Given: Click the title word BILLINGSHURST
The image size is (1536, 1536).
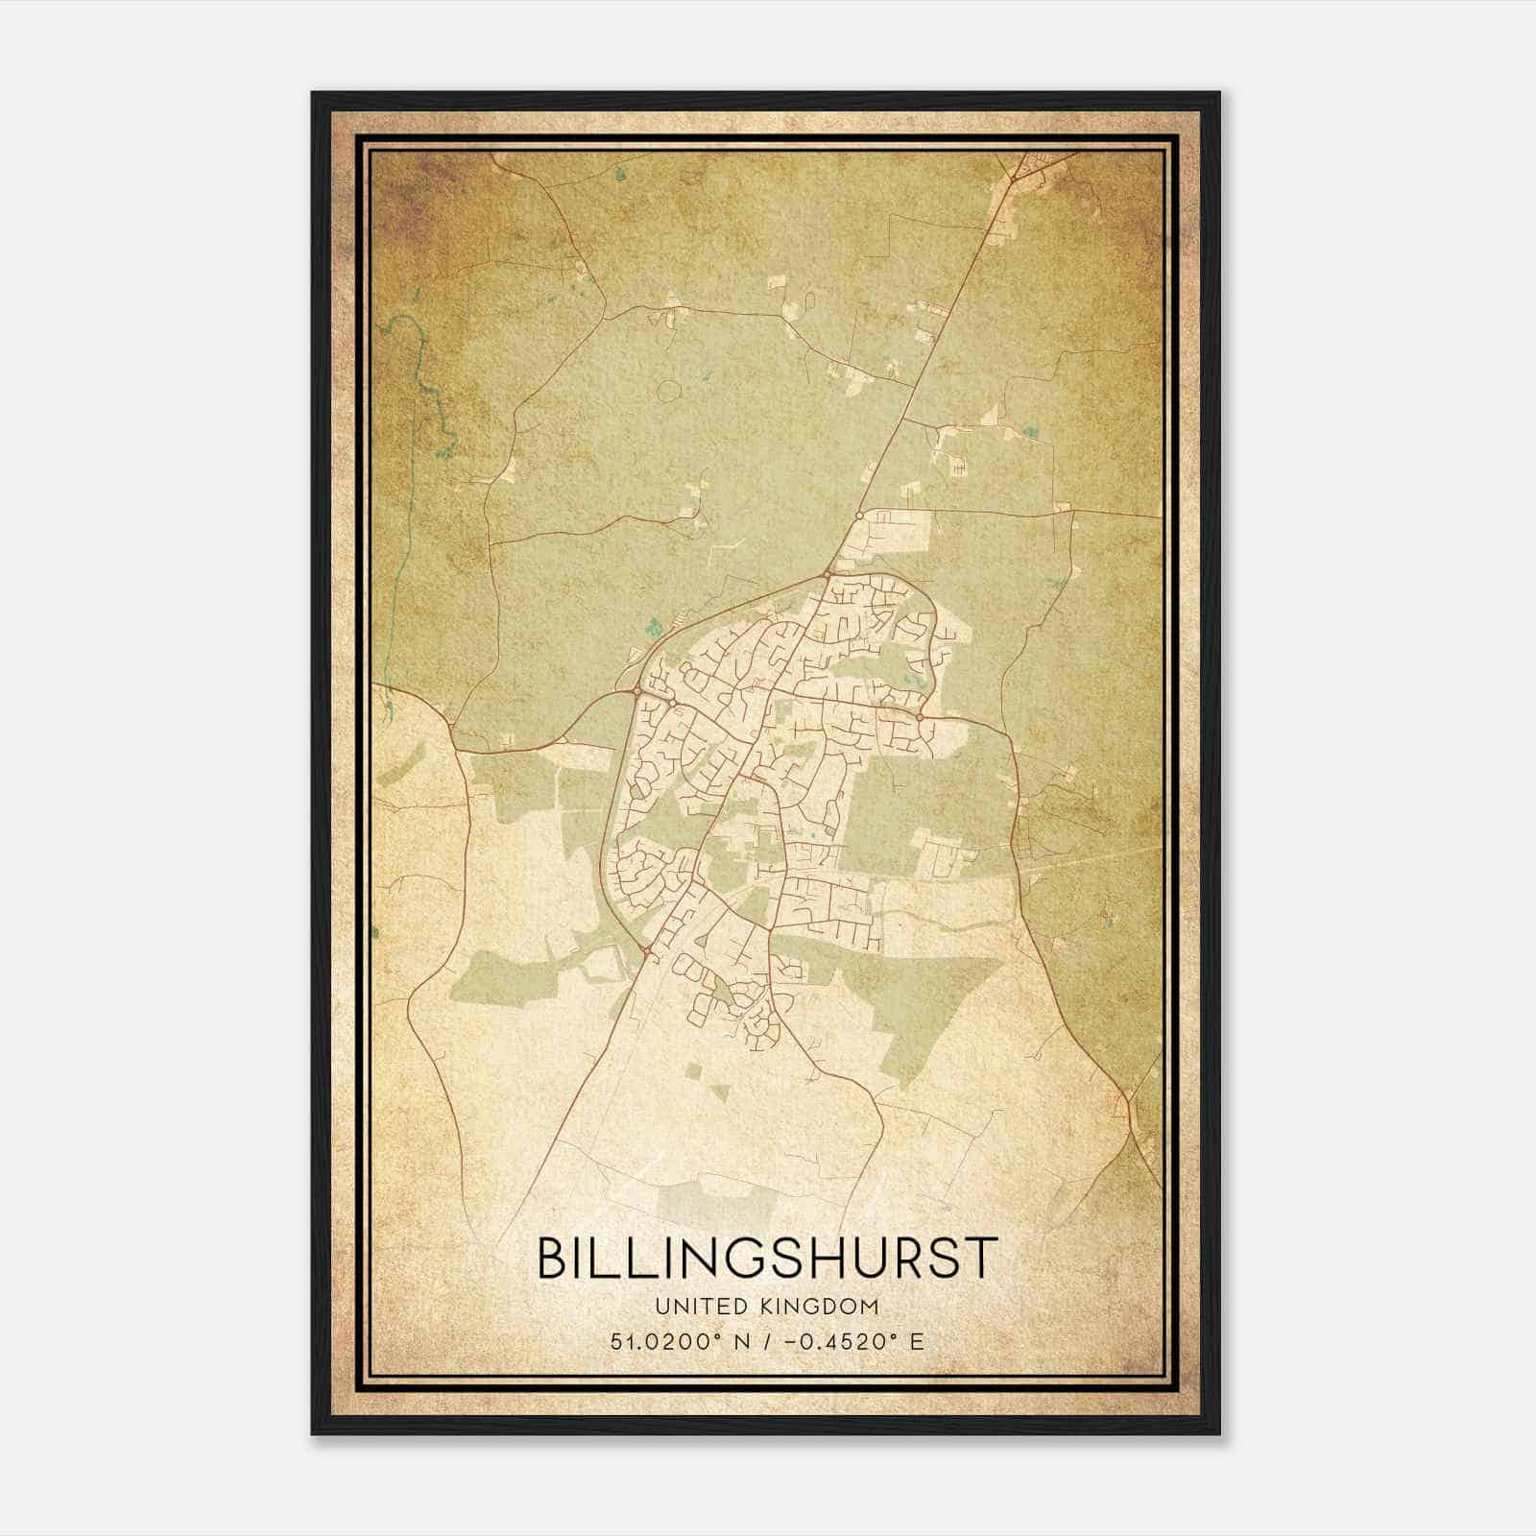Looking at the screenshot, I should tap(767, 1258).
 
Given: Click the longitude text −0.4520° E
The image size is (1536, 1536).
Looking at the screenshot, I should tap(854, 1342).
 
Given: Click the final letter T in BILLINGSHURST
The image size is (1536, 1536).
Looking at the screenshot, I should tap(982, 1258).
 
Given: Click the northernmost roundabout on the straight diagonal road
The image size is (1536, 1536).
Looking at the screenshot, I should tap(858, 516).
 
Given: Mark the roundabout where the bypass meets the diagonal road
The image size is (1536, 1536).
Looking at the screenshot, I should tap(827, 574).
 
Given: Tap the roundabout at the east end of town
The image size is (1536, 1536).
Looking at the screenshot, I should tap(919, 716).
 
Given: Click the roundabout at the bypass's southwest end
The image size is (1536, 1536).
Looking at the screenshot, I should tap(649, 951).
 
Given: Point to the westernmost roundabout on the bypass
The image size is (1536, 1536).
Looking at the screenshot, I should tap(636, 689).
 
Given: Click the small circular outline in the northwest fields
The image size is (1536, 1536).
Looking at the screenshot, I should tap(668, 391).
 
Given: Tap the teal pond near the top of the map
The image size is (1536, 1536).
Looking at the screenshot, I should tap(620, 175).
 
